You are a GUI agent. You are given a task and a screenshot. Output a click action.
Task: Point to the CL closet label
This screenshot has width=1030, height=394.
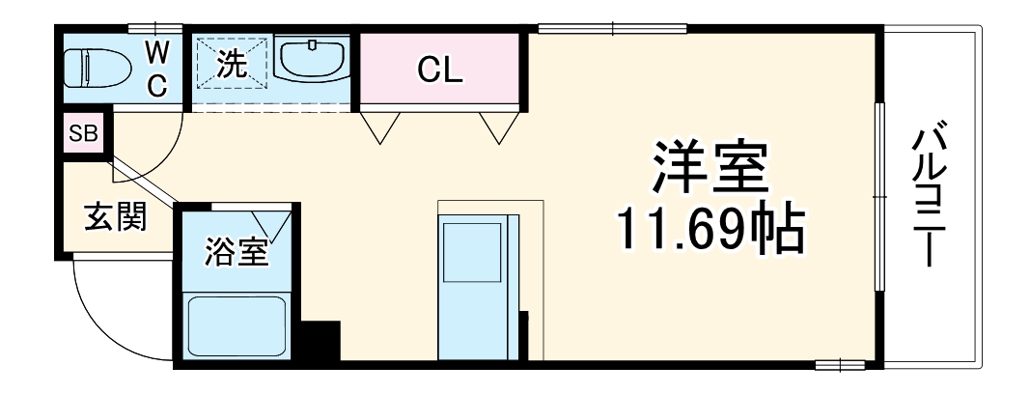click(x=439, y=70)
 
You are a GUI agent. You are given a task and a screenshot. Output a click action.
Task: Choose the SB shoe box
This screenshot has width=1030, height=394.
click(x=83, y=134)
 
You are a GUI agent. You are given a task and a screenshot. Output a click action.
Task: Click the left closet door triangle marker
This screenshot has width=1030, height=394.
click(x=379, y=127)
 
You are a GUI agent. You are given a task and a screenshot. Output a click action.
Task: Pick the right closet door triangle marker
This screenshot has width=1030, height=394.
click(x=498, y=127)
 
